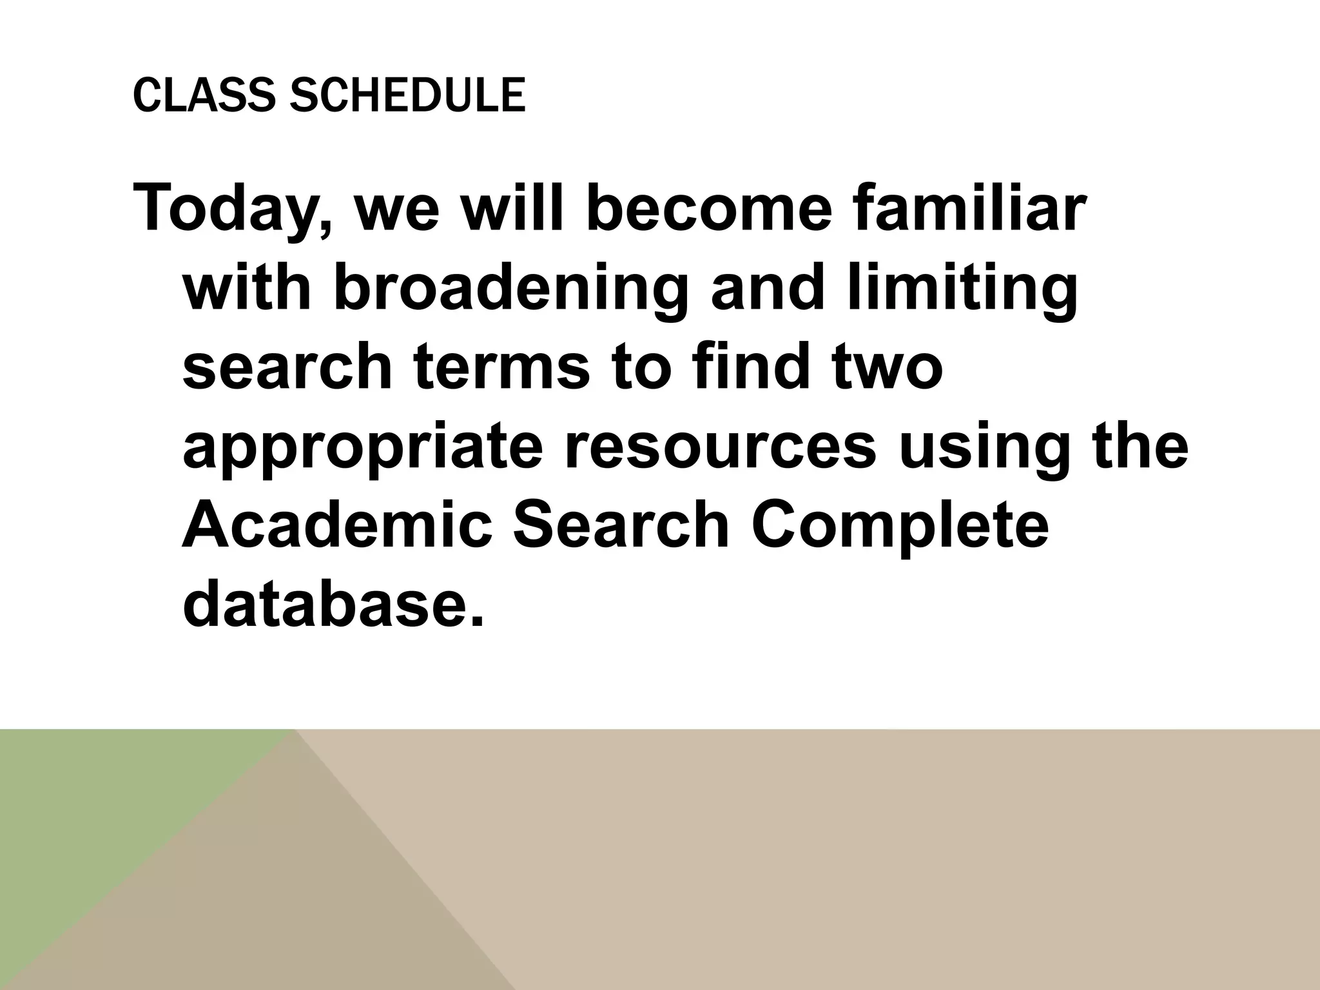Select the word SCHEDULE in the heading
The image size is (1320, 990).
407,95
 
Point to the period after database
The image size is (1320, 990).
476,619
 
